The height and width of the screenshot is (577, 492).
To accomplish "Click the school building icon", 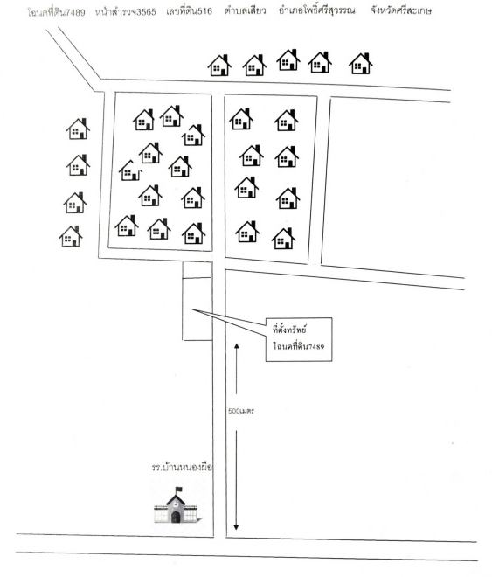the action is pyautogui.click(x=177, y=505).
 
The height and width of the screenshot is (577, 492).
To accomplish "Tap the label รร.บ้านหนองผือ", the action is pyautogui.click(x=182, y=468).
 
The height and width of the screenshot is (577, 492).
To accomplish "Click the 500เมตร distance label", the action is pyautogui.click(x=241, y=411).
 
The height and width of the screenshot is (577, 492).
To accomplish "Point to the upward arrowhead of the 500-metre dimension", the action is pyautogui.click(x=237, y=346).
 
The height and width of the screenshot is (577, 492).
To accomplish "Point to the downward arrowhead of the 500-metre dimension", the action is pyautogui.click(x=236, y=526).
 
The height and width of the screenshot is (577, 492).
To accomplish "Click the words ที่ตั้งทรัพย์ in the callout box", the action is pyautogui.click(x=290, y=330).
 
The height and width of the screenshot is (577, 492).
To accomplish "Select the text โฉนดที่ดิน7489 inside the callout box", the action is pyautogui.click(x=299, y=346).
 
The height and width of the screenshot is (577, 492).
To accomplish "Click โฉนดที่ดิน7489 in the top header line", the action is pyautogui.click(x=56, y=12).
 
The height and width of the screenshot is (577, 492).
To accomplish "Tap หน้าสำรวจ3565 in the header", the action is pyautogui.click(x=125, y=12).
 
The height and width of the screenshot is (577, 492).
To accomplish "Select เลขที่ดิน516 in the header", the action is pyautogui.click(x=189, y=11).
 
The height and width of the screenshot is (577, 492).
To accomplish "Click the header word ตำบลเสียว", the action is pyautogui.click(x=245, y=10).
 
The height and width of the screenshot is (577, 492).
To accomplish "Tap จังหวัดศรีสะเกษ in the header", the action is pyautogui.click(x=401, y=10).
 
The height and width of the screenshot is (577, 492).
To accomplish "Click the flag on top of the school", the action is pyautogui.click(x=178, y=490).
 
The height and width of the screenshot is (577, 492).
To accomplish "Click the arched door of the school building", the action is pyautogui.click(x=177, y=517).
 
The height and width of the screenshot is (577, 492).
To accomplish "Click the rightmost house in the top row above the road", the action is pyautogui.click(x=361, y=63).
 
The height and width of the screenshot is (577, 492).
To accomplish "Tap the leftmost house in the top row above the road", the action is pyautogui.click(x=219, y=66).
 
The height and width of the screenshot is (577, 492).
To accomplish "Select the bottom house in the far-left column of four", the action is pyautogui.click(x=71, y=236).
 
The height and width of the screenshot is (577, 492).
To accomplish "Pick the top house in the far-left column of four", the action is pyautogui.click(x=78, y=129).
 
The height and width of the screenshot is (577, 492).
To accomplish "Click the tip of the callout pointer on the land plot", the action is pyautogui.click(x=192, y=309).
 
